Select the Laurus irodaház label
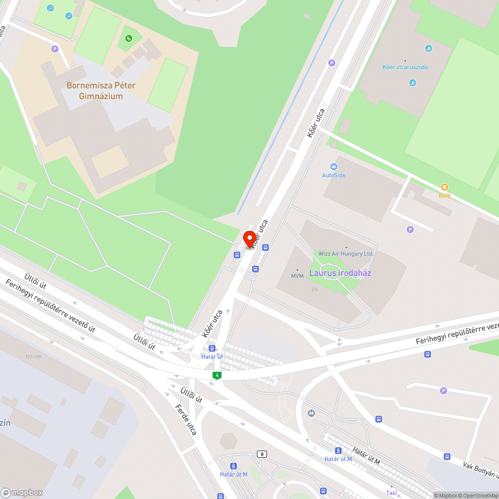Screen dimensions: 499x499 (340, 273)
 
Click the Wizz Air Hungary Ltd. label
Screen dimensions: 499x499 (346, 253)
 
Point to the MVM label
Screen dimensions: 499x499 (297, 275)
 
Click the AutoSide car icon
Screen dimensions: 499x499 (334, 167)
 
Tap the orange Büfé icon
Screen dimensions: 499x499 (444, 187)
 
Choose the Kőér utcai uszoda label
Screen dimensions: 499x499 (405, 67)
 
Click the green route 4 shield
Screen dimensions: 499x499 (217, 375)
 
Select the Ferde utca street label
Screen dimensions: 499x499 (186, 420)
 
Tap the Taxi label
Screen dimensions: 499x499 (391, 493)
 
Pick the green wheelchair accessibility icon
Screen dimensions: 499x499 (129, 38)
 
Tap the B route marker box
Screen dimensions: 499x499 (261, 454)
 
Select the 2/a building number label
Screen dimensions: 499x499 (314, 289)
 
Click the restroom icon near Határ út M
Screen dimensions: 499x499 (312, 413)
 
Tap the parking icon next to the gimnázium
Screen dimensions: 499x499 (55, 49)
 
